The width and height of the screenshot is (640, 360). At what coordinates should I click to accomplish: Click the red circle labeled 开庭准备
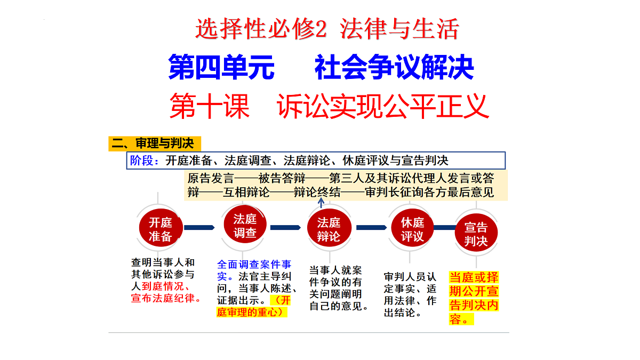(x=161, y=228)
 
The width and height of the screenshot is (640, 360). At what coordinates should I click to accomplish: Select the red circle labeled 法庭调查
(x=245, y=225)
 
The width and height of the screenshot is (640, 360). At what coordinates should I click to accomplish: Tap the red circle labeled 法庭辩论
(x=329, y=228)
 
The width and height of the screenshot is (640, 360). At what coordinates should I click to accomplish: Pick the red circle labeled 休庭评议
(x=412, y=228)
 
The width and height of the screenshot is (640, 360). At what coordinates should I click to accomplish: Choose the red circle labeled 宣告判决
(x=476, y=233)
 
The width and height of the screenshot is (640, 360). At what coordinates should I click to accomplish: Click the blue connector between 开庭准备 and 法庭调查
(x=199, y=227)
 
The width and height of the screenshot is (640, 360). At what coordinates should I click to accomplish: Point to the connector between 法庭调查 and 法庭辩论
(x=285, y=227)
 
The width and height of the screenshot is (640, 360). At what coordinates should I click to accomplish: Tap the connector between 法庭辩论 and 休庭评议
(x=371, y=227)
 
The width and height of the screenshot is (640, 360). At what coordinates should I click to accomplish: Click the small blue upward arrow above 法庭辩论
(x=321, y=203)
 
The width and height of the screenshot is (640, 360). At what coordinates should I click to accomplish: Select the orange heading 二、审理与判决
(x=155, y=143)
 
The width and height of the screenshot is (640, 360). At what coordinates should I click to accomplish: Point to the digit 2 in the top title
(x=321, y=29)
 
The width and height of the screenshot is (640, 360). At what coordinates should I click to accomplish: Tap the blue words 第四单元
(x=221, y=67)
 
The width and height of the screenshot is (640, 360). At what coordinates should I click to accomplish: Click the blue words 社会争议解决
(x=394, y=67)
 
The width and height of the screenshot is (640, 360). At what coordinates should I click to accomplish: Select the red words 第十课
(x=210, y=106)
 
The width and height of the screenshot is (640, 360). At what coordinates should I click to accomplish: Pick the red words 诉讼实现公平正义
(x=383, y=106)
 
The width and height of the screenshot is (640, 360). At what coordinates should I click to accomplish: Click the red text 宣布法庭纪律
(x=163, y=298)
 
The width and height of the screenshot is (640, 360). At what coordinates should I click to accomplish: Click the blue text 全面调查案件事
(x=254, y=265)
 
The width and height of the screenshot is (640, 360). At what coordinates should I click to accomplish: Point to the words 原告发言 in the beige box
(x=211, y=178)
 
